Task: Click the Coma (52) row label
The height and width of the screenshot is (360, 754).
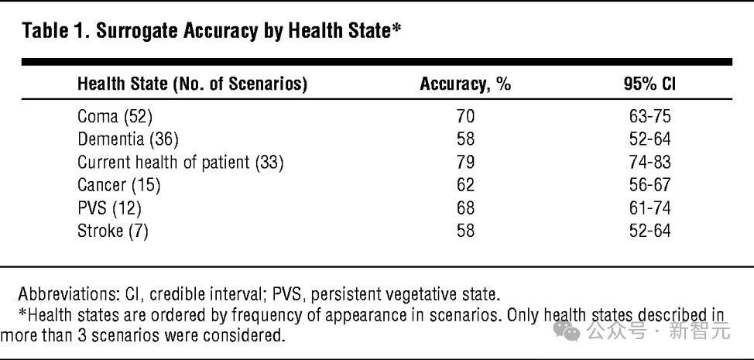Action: (115, 116)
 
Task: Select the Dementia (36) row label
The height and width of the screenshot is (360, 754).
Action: (128, 139)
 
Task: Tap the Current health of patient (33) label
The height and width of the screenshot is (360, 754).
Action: (180, 163)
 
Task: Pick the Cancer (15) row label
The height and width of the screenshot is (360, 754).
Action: (118, 185)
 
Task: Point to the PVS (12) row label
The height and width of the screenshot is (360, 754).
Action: (110, 208)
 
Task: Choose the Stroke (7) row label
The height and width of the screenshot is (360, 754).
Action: (113, 231)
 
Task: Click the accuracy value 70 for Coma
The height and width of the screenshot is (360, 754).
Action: (465, 116)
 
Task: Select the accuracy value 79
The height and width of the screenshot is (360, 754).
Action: (465, 163)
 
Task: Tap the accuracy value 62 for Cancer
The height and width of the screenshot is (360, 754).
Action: (465, 185)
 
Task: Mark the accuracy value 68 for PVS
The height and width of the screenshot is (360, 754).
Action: (465, 208)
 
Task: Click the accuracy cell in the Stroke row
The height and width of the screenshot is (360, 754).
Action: (465, 231)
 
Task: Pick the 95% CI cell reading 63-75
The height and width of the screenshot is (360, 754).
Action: (649, 116)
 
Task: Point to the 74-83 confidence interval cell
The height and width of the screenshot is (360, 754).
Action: (649, 163)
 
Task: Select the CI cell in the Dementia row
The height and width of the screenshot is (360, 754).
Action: (649, 139)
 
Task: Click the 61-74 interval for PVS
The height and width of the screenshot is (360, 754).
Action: (649, 208)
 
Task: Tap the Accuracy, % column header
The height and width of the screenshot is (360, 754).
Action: (465, 84)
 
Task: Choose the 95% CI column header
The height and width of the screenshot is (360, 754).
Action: (649, 84)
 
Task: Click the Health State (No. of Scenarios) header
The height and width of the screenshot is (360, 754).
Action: (192, 84)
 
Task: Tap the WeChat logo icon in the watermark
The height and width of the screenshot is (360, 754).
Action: (567, 331)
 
